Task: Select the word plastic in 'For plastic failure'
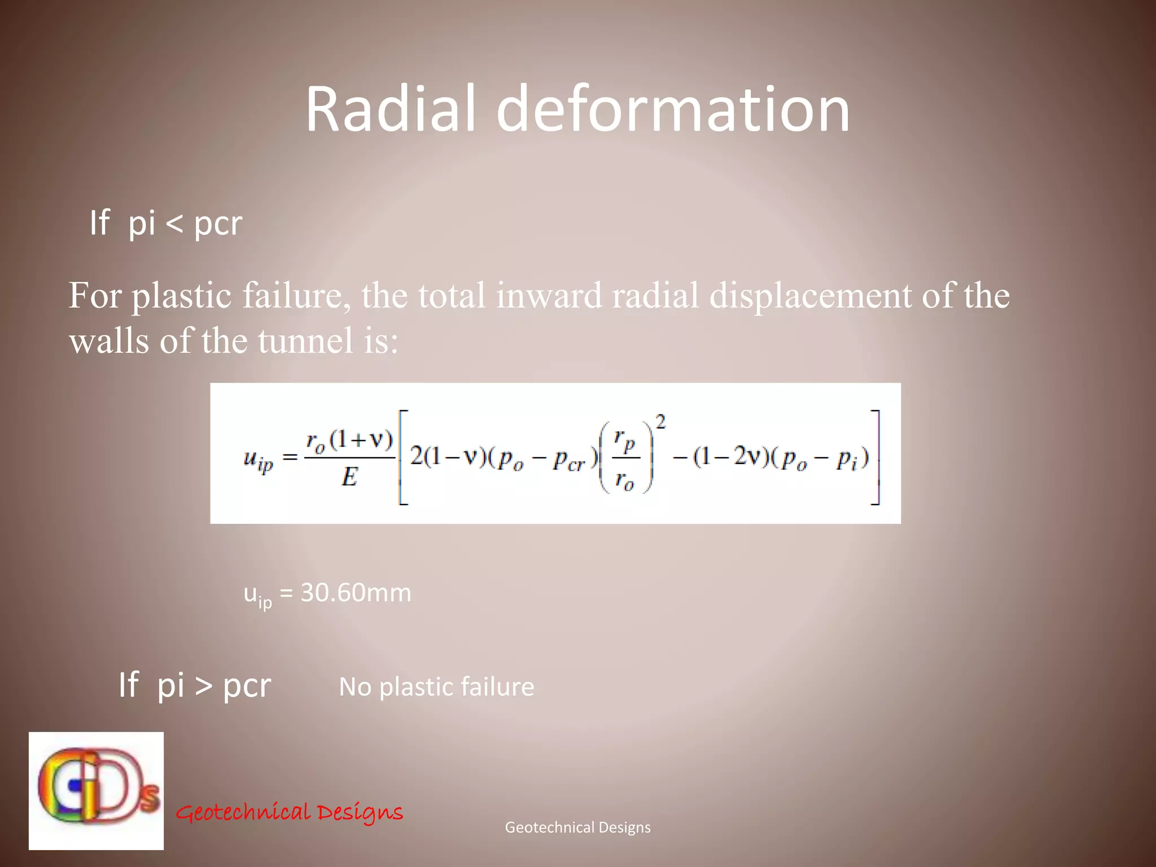[x=181, y=296]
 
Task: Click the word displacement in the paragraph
[x=810, y=296]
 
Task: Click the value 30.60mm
[x=356, y=593]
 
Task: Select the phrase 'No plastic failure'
[x=436, y=687]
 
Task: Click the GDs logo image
[x=97, y=790]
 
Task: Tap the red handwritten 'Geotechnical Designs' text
[x=290, y=812]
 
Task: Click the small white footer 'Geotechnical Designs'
[x=577, y=827]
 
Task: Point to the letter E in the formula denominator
[x=349, y=478]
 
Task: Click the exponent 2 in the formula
[x=660, y=422]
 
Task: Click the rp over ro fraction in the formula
[x=625, y=459]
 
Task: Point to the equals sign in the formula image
[x=290, y=457]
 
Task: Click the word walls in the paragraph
[x=110, y=341]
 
